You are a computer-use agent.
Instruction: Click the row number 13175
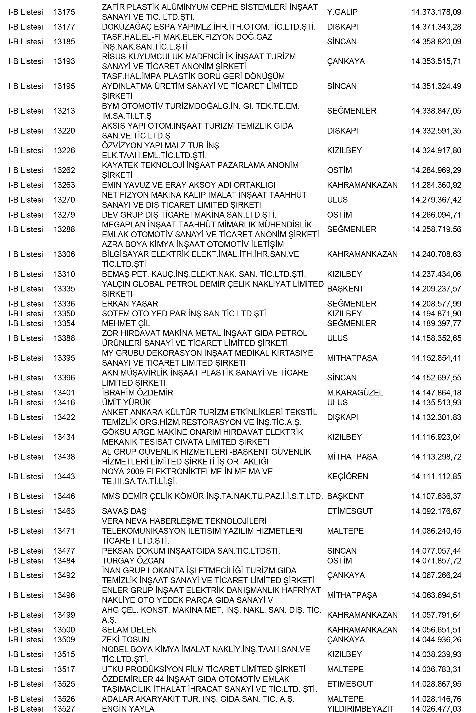(64, 12)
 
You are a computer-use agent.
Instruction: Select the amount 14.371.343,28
(436, 27)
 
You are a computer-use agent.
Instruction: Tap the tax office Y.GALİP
(342, 12)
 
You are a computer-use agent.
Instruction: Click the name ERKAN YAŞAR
(130, 304)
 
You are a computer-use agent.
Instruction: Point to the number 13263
(64, 185)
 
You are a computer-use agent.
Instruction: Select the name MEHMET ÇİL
(126, 323)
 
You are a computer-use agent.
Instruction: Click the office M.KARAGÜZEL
(355, 393)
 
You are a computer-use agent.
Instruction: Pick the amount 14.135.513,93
(436, 403)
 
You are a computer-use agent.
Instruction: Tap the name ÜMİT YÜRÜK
(126, 403)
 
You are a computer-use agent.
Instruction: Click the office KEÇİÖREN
(347, 476)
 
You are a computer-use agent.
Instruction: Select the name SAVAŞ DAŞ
(124, 511)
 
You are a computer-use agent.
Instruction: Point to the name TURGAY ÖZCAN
(133, 561)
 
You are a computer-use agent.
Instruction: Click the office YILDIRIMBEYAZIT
(360, 709)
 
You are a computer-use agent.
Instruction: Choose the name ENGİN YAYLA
(128, 709)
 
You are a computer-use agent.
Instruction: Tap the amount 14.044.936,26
(436, 640)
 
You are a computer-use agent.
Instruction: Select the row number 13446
(64, 496)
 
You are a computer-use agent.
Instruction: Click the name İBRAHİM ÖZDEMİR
(137, 393)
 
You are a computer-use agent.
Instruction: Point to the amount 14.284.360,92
(436, 185)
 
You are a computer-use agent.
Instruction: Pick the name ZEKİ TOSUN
(125, 640)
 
